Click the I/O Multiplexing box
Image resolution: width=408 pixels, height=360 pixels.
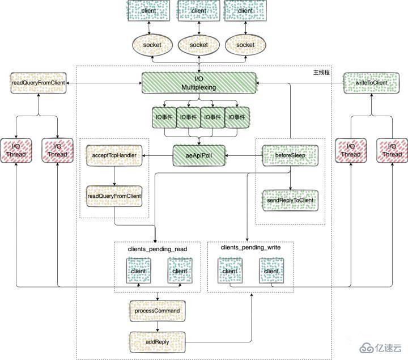pyautogui.click(x=198, y=83)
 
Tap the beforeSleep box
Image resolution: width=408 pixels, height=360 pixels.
pyautogui.click(x=290, y=155)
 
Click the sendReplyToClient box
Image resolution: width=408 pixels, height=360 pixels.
pyautogui.click(x=290, y=200)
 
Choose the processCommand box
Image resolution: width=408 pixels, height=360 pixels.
pyautogui.click(x=158, y=311)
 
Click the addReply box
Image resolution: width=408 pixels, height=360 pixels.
pyautogui.click(x=158, y=342)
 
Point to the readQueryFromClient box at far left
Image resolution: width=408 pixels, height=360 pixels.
pyautogui.click(x=38, y=83)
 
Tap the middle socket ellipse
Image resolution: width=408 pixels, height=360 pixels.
pyautogui.click(x=199, y=45)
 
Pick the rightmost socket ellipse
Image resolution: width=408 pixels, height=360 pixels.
pyautogui.click(x=245, y=45)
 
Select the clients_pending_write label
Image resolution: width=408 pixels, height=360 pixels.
pyautogui.click(x=250, y=247)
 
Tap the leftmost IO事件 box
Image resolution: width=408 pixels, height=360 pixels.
pyautogui.click(x=164, y=117)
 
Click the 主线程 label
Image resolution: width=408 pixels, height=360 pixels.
pyautogui.click(x=321, y=73)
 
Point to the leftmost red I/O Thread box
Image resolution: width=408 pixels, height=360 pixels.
pyautogui.click(x=16, y=150)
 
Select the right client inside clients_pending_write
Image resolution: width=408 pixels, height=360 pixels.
pyautogui.click(x=271, y=271)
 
